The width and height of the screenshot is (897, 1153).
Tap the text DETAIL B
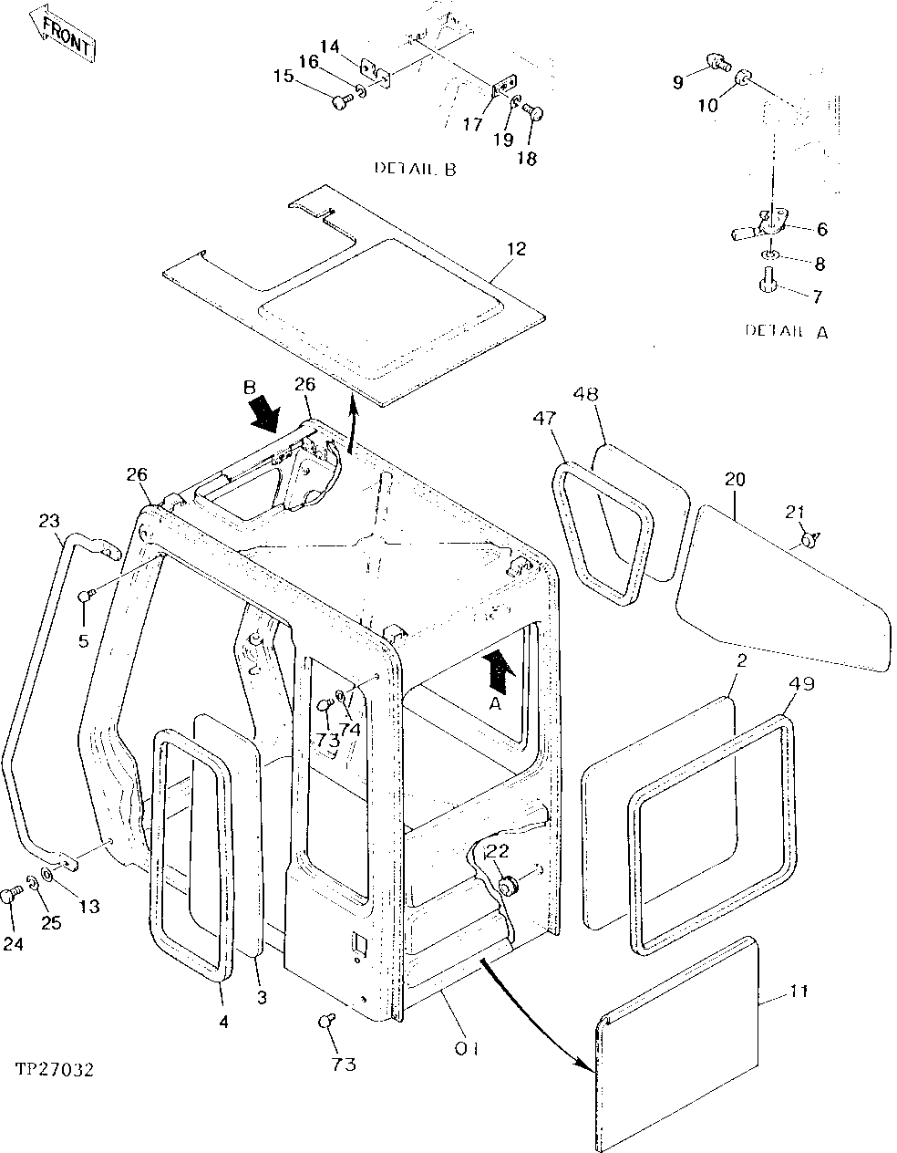pos(415,169)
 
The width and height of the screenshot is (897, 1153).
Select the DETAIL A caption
pos(786,331)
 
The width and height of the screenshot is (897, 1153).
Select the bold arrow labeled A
pos(498,670)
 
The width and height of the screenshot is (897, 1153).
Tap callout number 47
pos(546,419)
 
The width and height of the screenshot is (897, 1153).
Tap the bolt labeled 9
pos(717,63)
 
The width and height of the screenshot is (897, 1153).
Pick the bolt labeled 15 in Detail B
pos(341,102)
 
